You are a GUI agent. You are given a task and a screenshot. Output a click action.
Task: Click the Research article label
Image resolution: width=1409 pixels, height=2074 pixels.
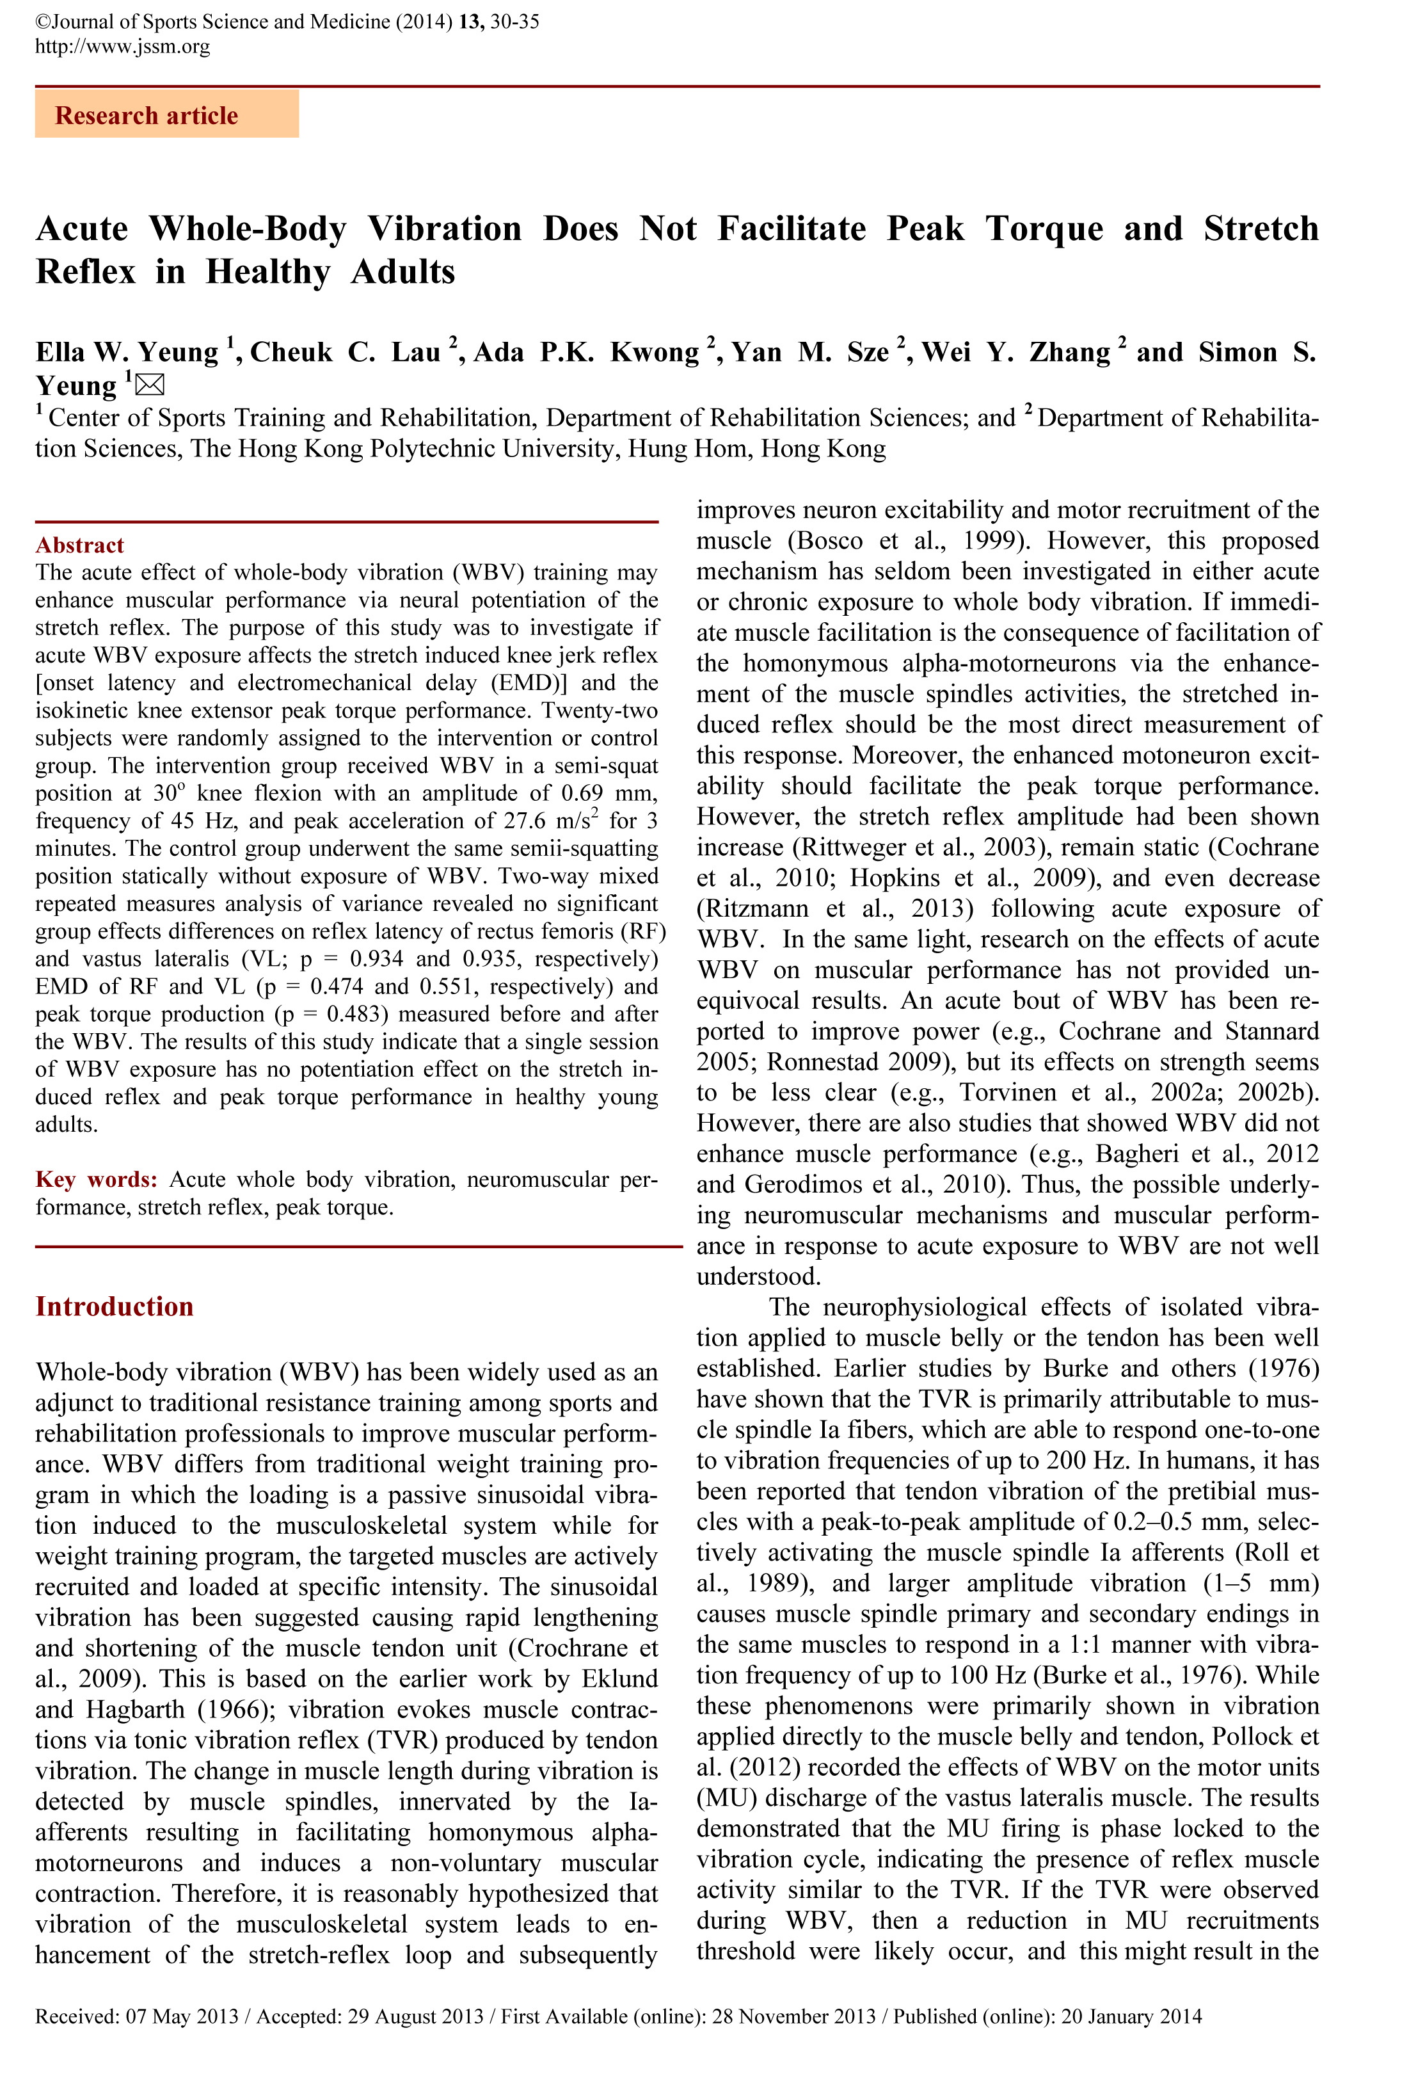147,116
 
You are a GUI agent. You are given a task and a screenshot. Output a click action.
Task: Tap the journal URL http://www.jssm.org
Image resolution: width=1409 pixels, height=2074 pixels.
122,47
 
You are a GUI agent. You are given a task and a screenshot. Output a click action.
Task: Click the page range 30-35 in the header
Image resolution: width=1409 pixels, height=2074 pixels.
515,21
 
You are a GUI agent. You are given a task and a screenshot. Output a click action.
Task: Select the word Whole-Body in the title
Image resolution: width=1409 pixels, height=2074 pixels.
247,229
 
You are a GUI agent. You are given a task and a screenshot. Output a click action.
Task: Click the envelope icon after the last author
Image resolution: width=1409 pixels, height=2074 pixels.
150,385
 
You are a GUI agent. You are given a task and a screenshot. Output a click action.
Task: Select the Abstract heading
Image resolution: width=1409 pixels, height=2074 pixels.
79,545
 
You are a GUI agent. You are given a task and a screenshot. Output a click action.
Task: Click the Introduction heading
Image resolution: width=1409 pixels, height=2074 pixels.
115,1306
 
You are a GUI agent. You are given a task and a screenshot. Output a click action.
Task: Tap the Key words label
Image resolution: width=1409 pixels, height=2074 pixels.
97,1180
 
